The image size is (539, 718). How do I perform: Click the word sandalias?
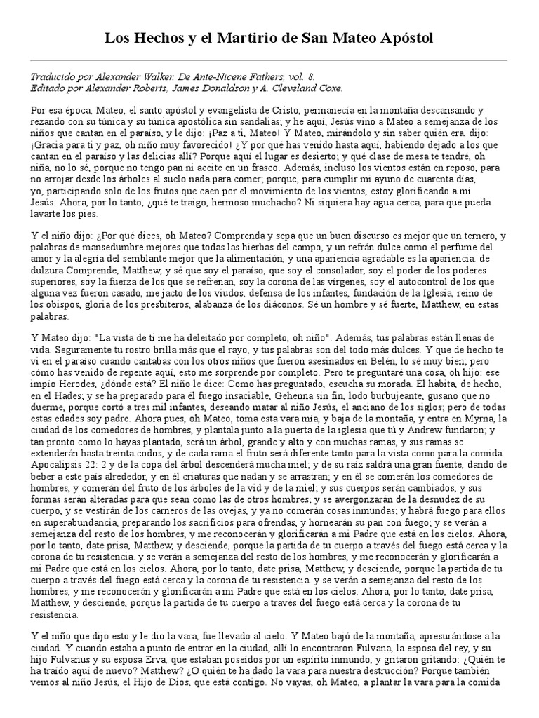click(218, 122)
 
